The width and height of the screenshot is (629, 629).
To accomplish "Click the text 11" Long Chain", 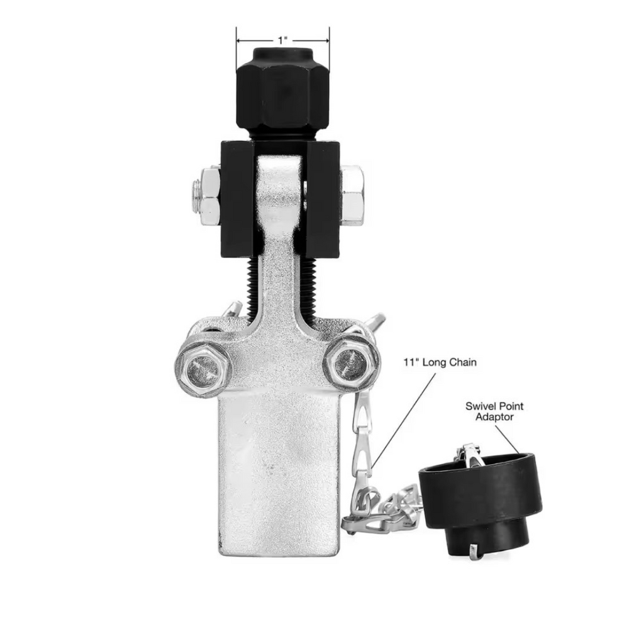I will pyautogui.click(x=440, y=362).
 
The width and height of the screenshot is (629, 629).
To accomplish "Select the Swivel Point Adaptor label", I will pyautogui.click(x=494, y=411).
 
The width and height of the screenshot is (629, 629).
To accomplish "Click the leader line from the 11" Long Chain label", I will pyautogui.click(x=403, y=418).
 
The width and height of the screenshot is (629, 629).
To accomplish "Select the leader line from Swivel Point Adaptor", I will pyautogui.click(x=508, y=438).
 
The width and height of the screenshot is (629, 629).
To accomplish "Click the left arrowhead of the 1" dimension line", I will pyautogui.click(x=239, y=40).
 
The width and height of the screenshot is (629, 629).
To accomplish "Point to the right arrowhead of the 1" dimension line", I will pyautogui.click(x=326, y=40).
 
